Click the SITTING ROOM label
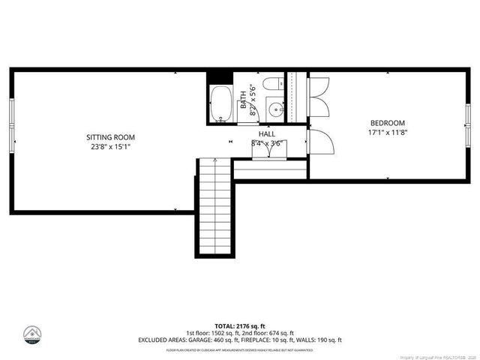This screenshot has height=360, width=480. [x=110, y=137]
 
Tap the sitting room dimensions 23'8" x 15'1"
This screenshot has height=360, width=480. [x=110, y=147]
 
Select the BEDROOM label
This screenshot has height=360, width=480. [x=387, y=123]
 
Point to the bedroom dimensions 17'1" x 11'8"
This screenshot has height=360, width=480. [x=387, y=133]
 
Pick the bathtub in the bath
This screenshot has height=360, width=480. [x=221, y=104]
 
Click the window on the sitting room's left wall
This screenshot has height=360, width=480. [x=11, y=123]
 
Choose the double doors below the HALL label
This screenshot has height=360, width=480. [x=266, y=150]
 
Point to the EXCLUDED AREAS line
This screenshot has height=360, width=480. [x=239, y=340]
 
